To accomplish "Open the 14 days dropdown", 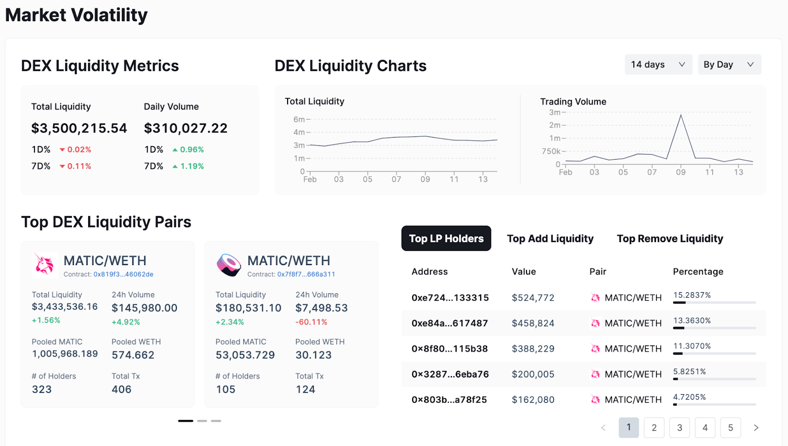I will (658, 65).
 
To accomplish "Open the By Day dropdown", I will (729, 65).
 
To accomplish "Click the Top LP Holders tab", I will (446, 239).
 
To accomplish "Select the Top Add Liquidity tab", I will (550, 239).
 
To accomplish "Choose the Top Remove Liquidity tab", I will (670, 239).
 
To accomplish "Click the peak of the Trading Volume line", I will (681, 115).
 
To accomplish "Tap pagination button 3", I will (680, 428).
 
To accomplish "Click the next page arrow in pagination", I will (756, 428).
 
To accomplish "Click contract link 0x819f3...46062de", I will (123, 274).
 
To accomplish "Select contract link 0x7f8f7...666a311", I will (306, 274).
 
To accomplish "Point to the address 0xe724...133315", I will (450, 298).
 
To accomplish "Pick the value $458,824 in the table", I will (533, 323).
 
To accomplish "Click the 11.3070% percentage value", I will (692, 346).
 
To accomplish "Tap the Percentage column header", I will (698, 272).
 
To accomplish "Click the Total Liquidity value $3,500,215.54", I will (79, 128).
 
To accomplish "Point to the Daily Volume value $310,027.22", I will (186, 128).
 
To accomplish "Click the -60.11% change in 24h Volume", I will (311, 322).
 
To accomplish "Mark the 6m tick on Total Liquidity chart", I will (299, 119).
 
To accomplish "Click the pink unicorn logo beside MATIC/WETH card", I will (44, 265).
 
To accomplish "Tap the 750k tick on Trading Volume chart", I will (551, 151).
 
